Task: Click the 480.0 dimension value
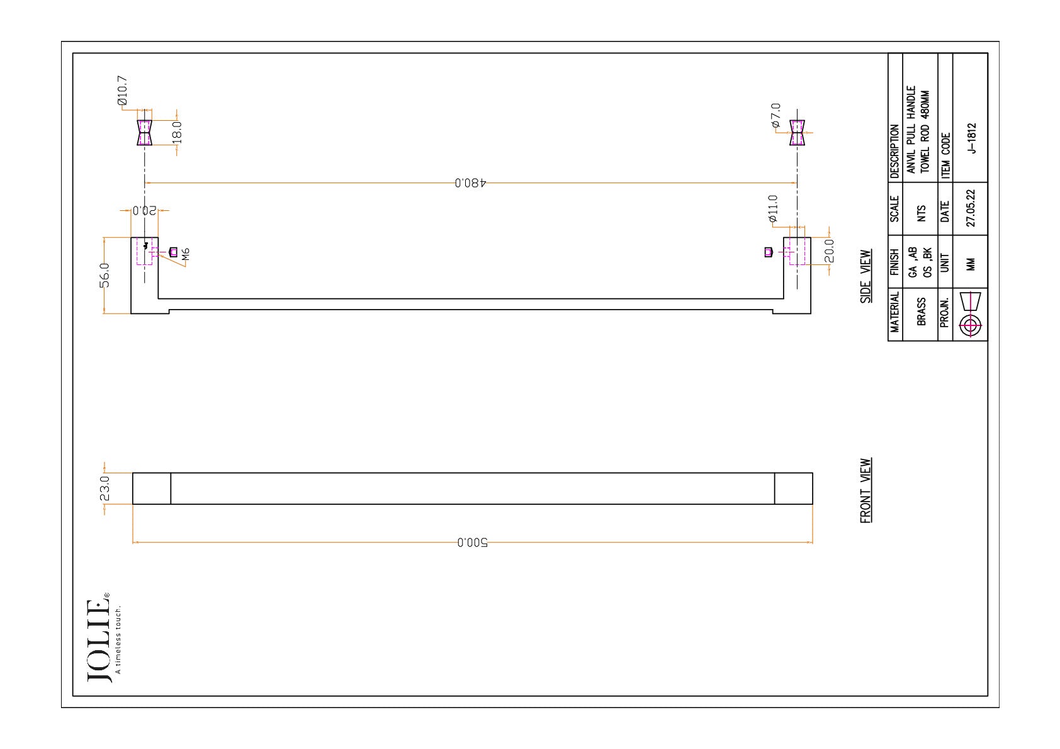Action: tap(470, 183)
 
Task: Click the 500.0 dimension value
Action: tap(472, 543)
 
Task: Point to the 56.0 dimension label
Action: tap(104, 276)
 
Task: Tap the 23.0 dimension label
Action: tap(104, 488)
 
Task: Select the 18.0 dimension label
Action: tap(177, 132)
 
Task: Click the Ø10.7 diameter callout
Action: tap(122, 91)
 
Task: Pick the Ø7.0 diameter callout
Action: tap(775, 115)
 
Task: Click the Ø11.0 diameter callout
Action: tap(773, 209)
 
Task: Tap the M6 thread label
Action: tap(186, 254)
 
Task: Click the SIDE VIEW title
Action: tap(865, 276)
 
